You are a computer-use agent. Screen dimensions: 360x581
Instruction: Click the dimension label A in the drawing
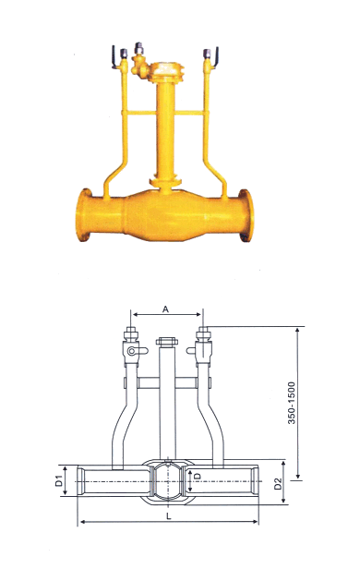(165, 309)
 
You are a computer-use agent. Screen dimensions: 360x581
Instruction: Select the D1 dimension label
(58, 480)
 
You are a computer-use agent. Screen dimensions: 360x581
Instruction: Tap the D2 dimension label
(278, 483)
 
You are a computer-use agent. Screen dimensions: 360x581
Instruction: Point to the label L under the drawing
(169, 516)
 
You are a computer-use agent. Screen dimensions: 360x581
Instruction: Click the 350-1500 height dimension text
(292, 403)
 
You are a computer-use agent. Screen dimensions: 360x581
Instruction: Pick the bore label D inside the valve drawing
(198, 476)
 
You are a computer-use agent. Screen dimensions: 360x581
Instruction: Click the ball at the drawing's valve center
(168, 480)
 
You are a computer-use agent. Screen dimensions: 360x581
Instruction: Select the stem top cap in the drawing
(167, 341)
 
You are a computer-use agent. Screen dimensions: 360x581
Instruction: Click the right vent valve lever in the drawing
(192, 350)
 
